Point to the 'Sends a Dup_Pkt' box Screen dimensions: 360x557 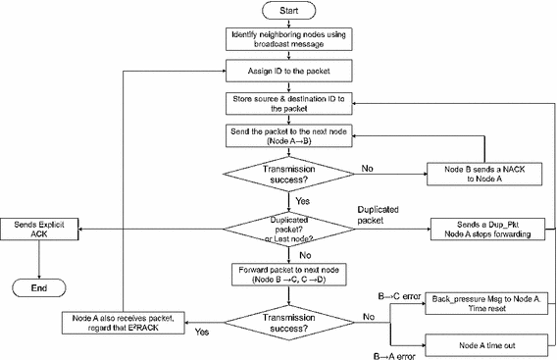[479, 228]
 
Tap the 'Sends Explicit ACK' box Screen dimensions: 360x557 [38, 228]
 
